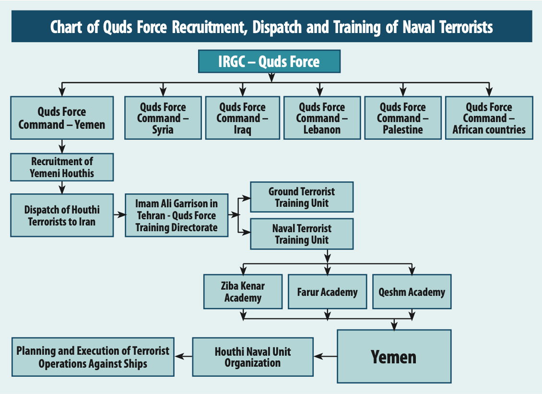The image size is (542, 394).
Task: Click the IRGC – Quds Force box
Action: coord(269,61)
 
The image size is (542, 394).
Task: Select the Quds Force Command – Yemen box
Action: coord(62,118)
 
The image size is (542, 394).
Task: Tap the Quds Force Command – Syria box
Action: coord(163,118)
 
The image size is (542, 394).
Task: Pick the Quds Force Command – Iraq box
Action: coord(242,118)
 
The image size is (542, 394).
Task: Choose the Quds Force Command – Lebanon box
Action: coord(322,118)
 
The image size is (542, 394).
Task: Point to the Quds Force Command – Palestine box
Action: coord(403,118)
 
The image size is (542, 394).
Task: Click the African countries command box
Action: coord(489,118)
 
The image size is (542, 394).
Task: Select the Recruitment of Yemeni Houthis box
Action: coord(62,168)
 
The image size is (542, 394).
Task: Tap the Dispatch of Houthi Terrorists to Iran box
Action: coord(62,215)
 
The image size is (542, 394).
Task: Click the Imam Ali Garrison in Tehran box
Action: coord(177,215)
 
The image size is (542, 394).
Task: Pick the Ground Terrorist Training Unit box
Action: coord(302,197)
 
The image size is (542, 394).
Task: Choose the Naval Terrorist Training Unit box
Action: coord(302,234)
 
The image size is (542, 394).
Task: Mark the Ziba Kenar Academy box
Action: coord(243,292)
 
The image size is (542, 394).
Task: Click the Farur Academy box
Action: coord(327,292)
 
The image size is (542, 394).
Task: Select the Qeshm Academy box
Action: coord(412,292)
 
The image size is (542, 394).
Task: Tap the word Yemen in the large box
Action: coord(393,357)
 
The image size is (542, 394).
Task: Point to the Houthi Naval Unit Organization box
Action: coord(253,357)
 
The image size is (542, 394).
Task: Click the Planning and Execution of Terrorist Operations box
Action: coord(93,357)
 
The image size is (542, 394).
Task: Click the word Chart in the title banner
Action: coord(66,27)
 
